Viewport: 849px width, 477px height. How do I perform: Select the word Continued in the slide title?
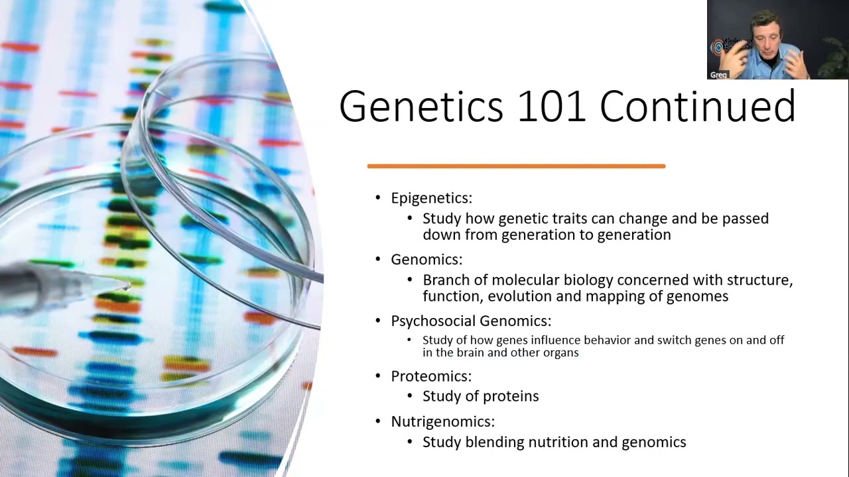click(x=697, y=106)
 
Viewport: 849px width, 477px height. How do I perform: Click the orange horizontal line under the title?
click(x=516, y=166)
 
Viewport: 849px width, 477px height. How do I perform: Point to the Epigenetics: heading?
click(x=431, y=198)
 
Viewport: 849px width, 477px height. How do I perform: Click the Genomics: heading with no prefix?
click(x=426, y=260)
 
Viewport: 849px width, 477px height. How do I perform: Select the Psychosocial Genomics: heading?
click(x=471, y=321)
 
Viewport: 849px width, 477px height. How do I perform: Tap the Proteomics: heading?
click(x=431, y=376)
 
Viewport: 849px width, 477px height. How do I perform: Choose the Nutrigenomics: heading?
click(x=442, y=422)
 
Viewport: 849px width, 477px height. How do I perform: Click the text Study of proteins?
click(x=480, y=396)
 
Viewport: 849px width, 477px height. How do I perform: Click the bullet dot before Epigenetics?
click(x=378, y=198)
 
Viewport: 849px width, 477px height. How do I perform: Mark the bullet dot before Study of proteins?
click(x=410, y=396)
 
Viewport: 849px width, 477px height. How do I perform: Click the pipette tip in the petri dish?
click(x=125, y=286)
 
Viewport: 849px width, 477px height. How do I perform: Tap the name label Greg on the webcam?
click(x=718, y=75)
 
